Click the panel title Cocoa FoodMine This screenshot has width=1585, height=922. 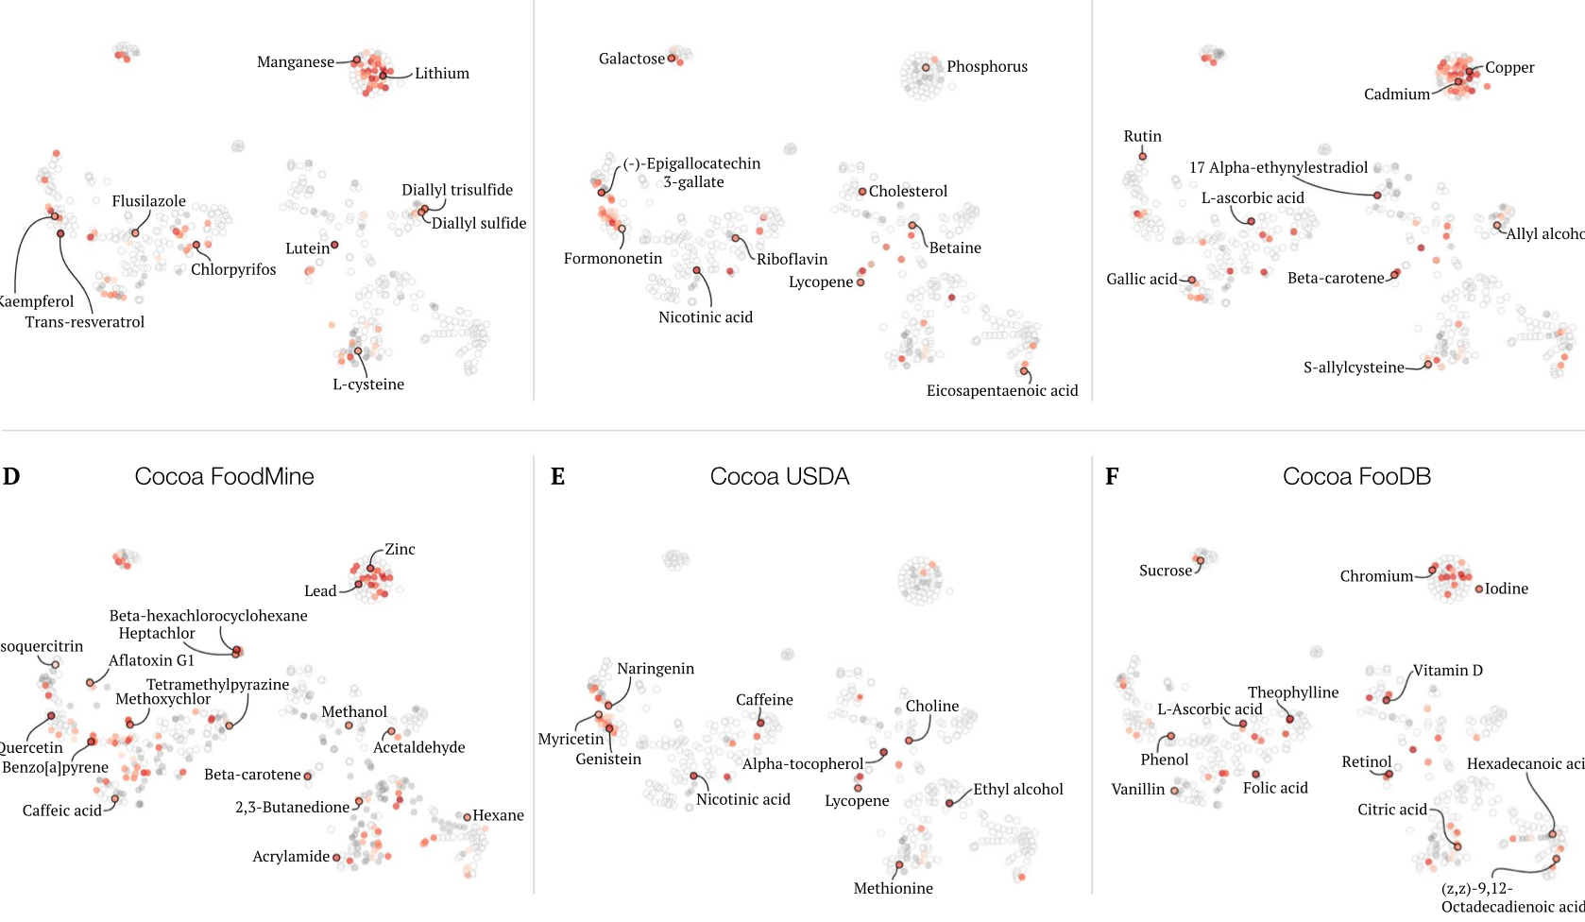tap(224, 476)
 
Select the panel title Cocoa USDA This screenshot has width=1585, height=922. tap(779, 476)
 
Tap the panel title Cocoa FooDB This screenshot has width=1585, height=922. tap(1356, 476)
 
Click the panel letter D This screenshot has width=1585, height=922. tap(11, 476)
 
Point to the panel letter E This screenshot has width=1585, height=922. tap(558, 476)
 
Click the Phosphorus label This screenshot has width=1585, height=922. tap(986, 66)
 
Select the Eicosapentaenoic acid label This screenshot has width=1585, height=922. tap(1001, 390)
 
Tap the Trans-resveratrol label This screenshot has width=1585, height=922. tap(85, 321)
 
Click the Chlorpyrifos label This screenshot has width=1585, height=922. tap(233, 269)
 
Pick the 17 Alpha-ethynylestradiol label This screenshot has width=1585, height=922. tap(1278, 167)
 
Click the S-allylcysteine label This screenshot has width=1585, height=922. tap(1353, 367)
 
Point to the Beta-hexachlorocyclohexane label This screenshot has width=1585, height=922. tap(208, 615)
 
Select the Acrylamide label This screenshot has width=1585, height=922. tap(291, 856)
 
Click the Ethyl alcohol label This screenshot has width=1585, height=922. tap(1017, 789)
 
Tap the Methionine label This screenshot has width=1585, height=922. tap(893, 888)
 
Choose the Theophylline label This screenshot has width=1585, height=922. tap(1292, 692)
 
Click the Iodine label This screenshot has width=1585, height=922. tap(1506, 589)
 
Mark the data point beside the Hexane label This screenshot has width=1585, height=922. tap(467, 816)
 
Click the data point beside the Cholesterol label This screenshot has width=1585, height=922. tap(862, 192)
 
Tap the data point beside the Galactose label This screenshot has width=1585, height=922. tap(672, 59)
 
